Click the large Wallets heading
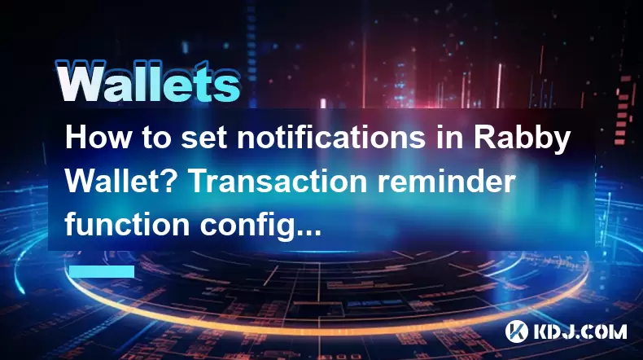[x=147, y=82]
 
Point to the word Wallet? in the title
[x=123, y=181]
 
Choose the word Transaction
[x=278, y=181]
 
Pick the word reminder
[x=446, y=181]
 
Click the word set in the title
[x=203, y=138]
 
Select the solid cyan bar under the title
[x=102, y=271]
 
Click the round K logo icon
[x=517, y=331]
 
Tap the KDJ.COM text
[x=580, y=331]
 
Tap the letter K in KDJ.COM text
[x=542, y=331]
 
